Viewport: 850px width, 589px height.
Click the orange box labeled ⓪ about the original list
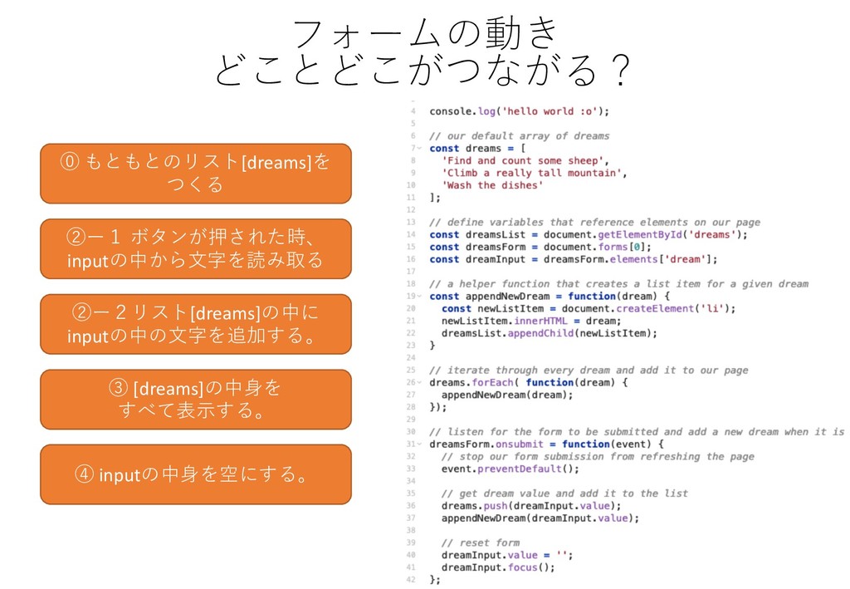tap(196, 173)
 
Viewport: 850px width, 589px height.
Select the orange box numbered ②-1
tap(196, 248)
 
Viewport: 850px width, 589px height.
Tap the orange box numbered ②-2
tap(196, 324)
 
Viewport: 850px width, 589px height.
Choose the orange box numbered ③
tap(196, 399)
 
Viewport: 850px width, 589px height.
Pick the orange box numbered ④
tap(196, 474)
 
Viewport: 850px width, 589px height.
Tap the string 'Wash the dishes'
tap(493, 185)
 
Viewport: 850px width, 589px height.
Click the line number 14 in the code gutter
tap(412, 234)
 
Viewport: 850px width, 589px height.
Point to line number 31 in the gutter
tap(412, 444)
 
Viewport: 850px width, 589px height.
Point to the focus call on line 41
tap(522, 567)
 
